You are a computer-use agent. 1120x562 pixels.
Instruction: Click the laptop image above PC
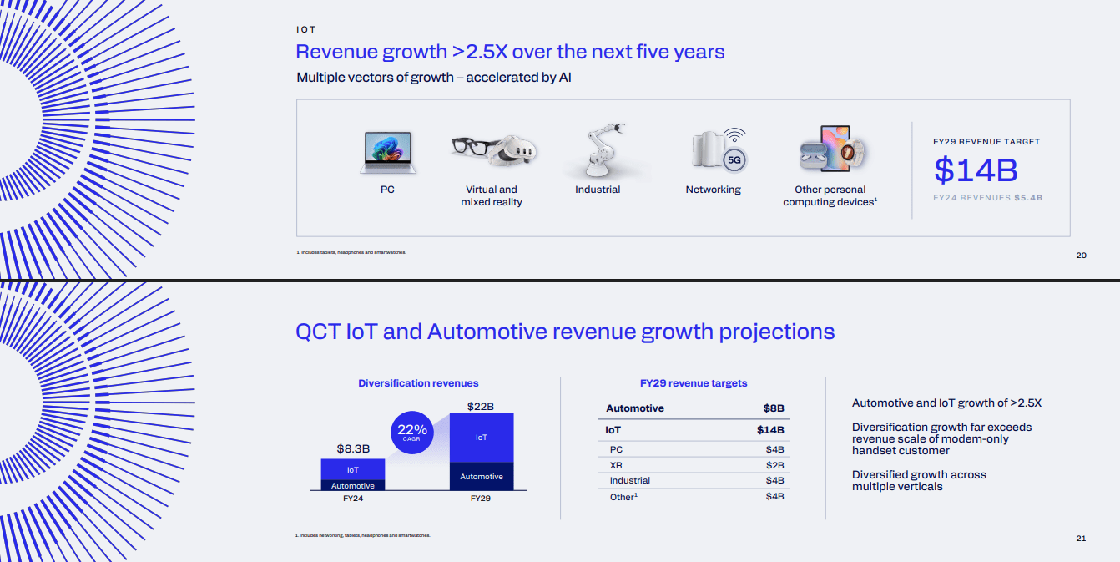[387, 152]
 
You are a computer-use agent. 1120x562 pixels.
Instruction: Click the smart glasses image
[471, 146]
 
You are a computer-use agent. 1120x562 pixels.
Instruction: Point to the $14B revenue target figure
[976, 170]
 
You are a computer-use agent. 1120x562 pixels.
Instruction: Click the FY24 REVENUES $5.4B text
[988, 198]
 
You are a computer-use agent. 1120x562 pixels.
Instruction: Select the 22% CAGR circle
[412, 432]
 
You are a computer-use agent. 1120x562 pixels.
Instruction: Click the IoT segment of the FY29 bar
[482, 438]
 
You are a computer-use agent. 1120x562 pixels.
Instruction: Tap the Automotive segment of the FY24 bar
[353, 485]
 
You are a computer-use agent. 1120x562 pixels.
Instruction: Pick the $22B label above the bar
[482, 407]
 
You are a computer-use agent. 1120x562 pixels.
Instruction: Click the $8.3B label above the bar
[353, 448]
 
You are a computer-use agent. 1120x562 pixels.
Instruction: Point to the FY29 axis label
[481, 499]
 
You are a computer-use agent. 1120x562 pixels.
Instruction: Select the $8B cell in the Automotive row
[773, 408]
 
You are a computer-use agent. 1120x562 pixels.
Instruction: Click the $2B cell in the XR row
[774, 465]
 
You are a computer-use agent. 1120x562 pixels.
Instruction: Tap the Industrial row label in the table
[630, 481]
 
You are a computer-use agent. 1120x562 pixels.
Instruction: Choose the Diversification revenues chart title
[418, 383]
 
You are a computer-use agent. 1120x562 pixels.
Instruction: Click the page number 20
[1081, 256]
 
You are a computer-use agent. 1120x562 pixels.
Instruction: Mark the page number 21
[1081, 539]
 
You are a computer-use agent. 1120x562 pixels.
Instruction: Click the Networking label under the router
[713, 190]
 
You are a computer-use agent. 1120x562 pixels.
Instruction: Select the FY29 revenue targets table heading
[694, 383]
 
